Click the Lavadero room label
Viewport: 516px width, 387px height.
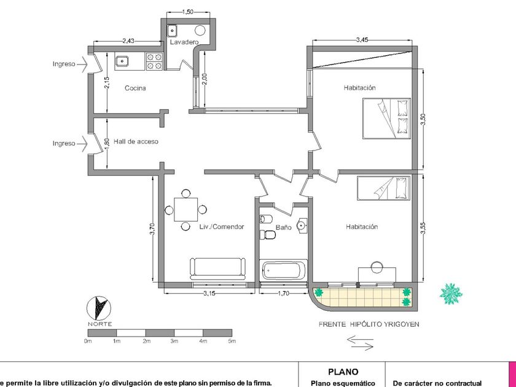pos(184,42)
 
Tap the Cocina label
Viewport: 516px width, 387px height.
pos(135,88)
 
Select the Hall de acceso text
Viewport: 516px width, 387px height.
pos(136,141)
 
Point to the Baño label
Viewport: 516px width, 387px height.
pos(284,227)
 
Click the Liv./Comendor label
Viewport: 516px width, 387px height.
pos(222,227)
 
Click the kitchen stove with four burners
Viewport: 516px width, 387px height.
pos(154,61)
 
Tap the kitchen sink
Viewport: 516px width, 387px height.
pos(122,61)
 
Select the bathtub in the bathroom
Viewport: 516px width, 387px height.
pos(283,270)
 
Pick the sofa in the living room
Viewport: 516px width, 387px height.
pos(217,268)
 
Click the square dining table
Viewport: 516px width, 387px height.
pos(186,209)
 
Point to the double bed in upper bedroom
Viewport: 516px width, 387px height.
pos(386,119)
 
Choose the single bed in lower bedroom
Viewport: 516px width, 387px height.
pos(384,188)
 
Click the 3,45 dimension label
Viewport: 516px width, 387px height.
pos(362,40)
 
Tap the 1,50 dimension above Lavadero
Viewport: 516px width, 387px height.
pos(187,12)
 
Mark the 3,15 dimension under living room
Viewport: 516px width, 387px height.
pos(209,293)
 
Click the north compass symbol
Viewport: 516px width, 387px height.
pos(99,308)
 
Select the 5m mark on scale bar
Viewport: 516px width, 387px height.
pos(232,342)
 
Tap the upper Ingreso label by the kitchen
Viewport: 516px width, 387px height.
pos(64,64)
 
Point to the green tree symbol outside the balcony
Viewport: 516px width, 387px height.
pos(451,294)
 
